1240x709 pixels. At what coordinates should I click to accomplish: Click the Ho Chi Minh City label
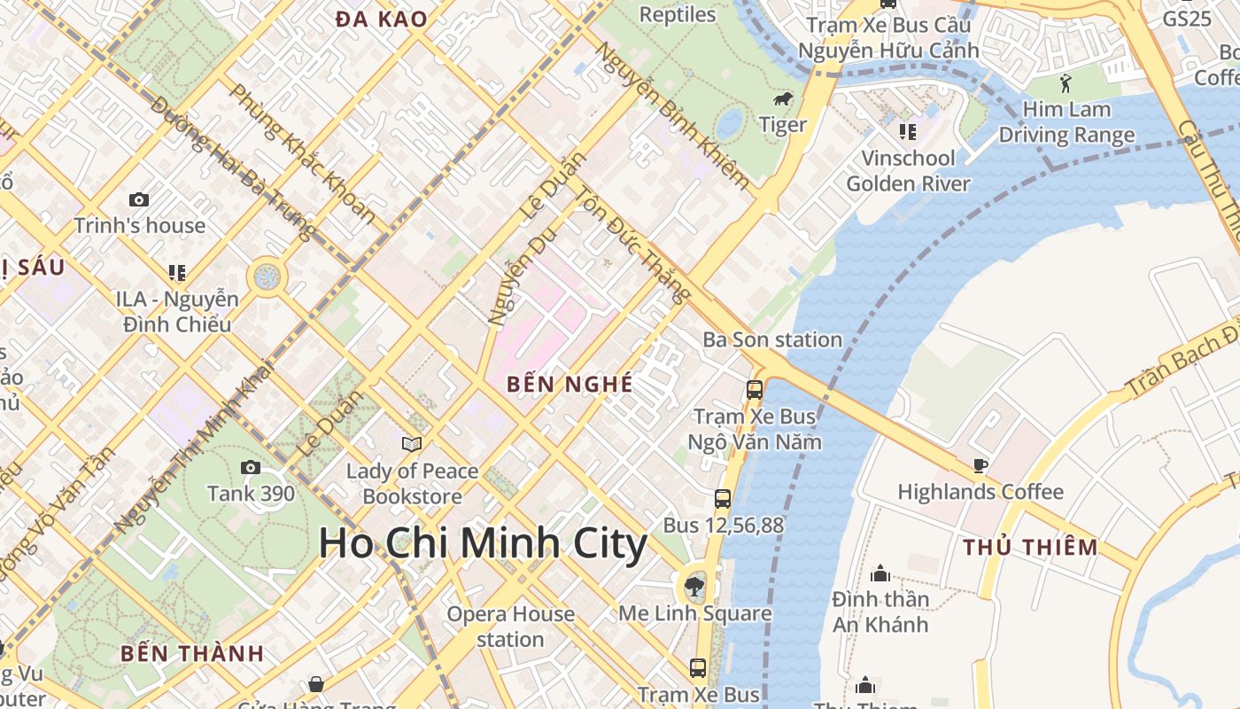[x=483, y=542]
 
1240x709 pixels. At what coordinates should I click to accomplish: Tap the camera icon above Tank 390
[x=251, y=467]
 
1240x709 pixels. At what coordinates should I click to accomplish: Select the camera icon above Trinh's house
[x=139, y=199]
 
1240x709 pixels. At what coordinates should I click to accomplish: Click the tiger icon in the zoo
[x=783, y=98]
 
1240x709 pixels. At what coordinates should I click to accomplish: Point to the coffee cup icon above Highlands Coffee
[x=980, y=465]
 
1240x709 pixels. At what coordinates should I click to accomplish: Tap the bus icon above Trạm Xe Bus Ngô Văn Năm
[x=755, y=389]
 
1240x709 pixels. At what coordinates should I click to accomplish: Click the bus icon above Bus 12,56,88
[x=723, y=498]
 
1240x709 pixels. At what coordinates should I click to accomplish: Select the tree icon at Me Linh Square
[x=695, y=585]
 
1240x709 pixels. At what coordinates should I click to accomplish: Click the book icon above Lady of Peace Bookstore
[x=412, y=444]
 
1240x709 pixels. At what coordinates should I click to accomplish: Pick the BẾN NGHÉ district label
[x=570, y=384]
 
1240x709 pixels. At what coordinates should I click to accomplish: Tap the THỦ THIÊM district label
[x=1030, y=547]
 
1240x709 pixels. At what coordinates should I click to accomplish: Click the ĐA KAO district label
[x=381, y=19]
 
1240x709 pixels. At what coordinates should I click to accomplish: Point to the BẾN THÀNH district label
[x=192, y=654]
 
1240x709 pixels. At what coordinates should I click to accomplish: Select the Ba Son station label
[x=772, y=339]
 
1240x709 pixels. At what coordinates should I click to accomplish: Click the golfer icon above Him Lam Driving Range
[x=1066, y=84]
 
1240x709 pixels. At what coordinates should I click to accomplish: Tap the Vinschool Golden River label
[x=908, y=171]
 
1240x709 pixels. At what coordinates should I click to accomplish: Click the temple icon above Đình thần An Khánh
[x=880, y=573]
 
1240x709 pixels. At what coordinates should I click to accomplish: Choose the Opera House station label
[x=510, y=627]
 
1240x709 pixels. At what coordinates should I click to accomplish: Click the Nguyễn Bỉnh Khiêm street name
[x=672, y=115]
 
